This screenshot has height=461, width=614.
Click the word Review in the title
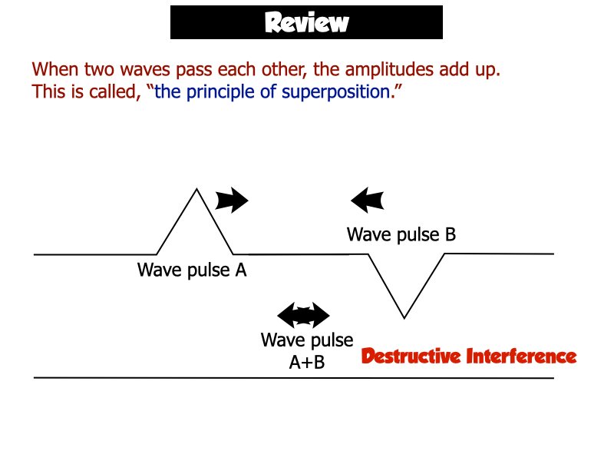[x=306, y=22]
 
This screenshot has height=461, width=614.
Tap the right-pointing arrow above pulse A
[x=232, y=201]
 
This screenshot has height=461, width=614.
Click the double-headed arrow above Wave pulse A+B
[x=303, y=315]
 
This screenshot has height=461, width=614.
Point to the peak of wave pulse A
[x=197, y=189]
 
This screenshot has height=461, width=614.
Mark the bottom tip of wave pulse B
[x=404, y=317]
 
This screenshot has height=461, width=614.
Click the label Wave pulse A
[x=192, y=270]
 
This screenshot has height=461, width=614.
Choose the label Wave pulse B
[x=401, y=234]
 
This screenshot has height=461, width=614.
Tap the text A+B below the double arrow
[x=306, y=363]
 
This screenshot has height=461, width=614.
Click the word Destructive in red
[x=411, y=357]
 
